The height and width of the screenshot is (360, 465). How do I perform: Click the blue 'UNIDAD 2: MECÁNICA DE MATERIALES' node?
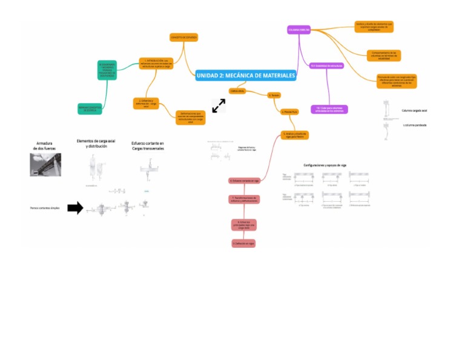[x=246, y=75]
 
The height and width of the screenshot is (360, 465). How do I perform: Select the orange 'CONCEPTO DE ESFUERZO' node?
[x=183, y=37]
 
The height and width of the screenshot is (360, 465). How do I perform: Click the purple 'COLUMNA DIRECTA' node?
[x=299, y=29]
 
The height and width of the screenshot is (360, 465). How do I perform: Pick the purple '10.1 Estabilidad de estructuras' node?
[x=326, y=65]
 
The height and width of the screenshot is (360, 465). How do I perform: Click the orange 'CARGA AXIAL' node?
[x=236, y=90]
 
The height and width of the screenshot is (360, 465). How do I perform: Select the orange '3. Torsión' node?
[x=274, y=95]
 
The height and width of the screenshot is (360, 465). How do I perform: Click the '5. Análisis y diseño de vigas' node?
[x=295, y=135]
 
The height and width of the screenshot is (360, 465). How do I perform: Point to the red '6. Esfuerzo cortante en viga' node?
[x=245, y=181]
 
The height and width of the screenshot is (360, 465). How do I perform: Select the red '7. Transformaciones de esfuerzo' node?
[x=245, y=199]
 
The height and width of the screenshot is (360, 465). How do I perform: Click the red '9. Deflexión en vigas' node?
[x=243, y=243]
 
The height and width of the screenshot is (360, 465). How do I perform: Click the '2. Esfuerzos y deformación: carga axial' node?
[x=145, y=102]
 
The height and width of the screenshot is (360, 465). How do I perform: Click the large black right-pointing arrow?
[x=75, y=208]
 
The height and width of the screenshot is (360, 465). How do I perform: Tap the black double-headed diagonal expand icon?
[x=219, y=105]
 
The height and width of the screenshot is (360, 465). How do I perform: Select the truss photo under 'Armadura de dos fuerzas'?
[x=46, y=164]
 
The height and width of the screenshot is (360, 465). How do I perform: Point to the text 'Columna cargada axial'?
[x=415, y=110]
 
